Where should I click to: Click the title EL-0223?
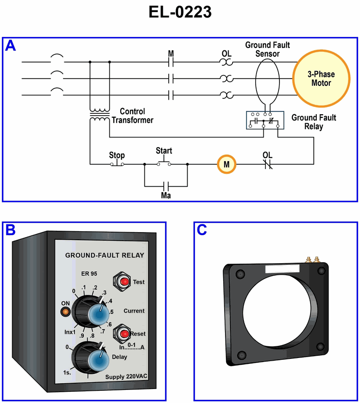click(180, 13)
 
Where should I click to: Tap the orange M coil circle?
click(227, 165)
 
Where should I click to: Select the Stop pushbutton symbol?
click(117, 164)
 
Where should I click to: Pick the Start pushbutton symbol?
click(164, 163)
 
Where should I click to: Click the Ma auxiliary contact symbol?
click(166, 185)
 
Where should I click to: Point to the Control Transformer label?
click(132, 116)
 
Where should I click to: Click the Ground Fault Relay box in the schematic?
click(265, 121)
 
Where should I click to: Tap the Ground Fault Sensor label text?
click(267, 49)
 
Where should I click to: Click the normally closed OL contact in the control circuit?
click(268, 165)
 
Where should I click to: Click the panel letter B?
click(10, 230)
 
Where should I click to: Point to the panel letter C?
click(202, 230)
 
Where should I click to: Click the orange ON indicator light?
click(65, 311)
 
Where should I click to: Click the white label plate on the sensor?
click(282, 269)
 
